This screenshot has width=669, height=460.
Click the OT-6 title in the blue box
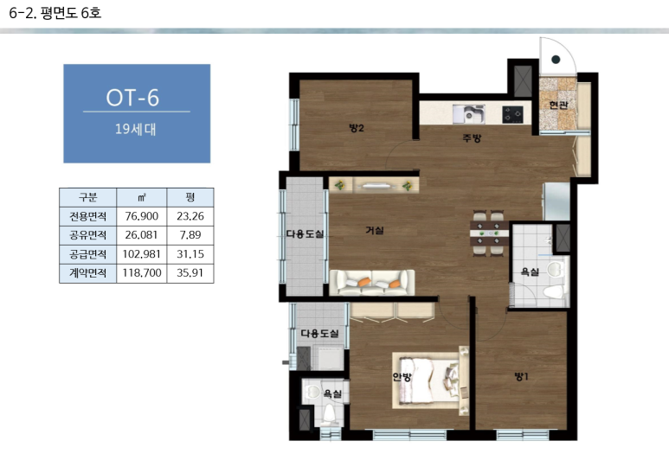click(x=132, y=98)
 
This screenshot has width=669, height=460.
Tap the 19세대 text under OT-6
click(x=136, y=129)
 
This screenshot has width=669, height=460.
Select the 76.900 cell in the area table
click(x=142, y=216)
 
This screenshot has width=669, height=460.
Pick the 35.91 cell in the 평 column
click(x=190, y=273)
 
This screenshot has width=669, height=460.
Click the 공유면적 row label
click(x=88, y=235)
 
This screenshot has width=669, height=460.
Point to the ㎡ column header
click(x=142, y=197)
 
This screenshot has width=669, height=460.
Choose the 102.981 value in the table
click(x=142, y=254)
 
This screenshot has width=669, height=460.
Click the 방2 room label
click(x=357, y=128)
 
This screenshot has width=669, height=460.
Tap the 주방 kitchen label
click(x=472, y=138)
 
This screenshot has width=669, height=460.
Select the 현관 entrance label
click(x=558, y=105)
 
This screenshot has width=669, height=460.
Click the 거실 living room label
click(x=375, y=230)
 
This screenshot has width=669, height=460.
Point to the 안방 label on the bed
click(x=402, y=377)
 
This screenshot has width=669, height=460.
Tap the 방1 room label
click(x=521, y=376)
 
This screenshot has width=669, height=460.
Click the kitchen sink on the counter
click(x=469, y=114)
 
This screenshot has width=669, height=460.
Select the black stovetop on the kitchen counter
click(x=512, y=114)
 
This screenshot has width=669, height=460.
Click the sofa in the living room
click(x=372, y=283)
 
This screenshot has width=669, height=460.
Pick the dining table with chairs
click(x=489, y=233)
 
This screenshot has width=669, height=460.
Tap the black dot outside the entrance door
click(x=556, y=60)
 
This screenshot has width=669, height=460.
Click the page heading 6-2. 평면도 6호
click(x=55, y=13)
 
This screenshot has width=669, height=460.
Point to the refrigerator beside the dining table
click(x=556, y=201)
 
